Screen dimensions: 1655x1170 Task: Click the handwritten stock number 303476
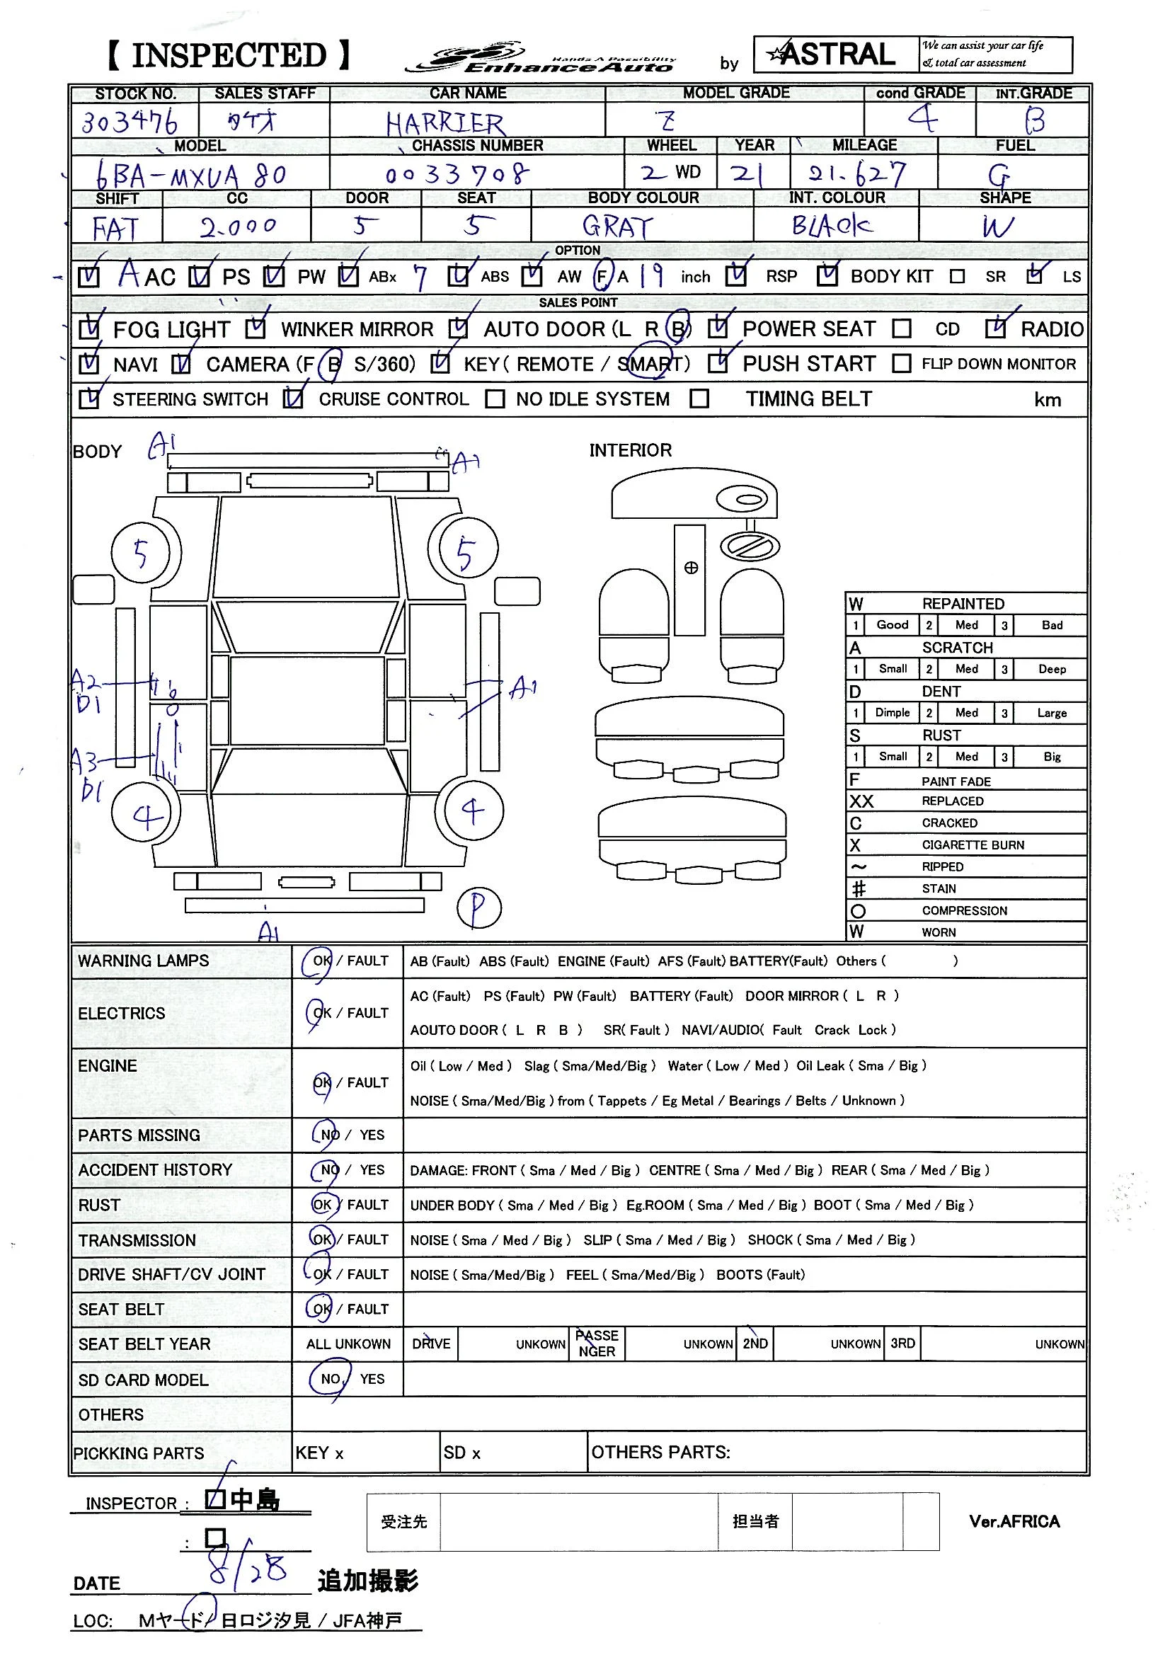pyautogui.click(x=129, y=121)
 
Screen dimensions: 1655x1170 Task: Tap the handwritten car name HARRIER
pyautogui.click(x=445, y=123)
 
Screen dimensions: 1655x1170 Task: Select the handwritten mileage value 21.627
pyautogui.click(x=856, y=173)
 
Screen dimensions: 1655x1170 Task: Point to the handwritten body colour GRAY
pyautogui.click(x=617, y=227)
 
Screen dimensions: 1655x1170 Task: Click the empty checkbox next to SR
pyautogui.click(x=957, y=277)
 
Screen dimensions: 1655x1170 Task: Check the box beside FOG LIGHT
pyautogui.click(x=88, y=329)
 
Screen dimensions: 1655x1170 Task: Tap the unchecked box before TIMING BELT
pyautogui.click(x=699, y=399)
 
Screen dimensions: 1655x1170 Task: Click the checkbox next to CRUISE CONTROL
pyautogui.click(x=294, y=399)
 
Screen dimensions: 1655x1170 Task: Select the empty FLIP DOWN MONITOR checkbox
pyautogui.click(x=901, y=363)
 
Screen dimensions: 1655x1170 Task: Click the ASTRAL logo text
pyautogui.click(x=836, y=55)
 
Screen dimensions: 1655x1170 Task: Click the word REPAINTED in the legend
pyautogui.click(x=963, y=603)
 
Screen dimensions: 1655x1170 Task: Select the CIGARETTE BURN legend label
pyautogui.click(x=973, y=844)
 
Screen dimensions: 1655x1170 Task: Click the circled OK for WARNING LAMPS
pyautogui.click(x=319, y=961)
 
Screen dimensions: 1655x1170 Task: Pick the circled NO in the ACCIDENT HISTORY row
pyautogui.click(x=328, y=1170)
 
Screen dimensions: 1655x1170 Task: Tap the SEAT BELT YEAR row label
pyautogui.click(x=144, y=1344)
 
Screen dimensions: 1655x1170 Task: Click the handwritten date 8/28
pyautogui.click(x=247, y=1569)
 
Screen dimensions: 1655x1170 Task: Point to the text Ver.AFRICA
pyautogui.click(x=1014, y=1522)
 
